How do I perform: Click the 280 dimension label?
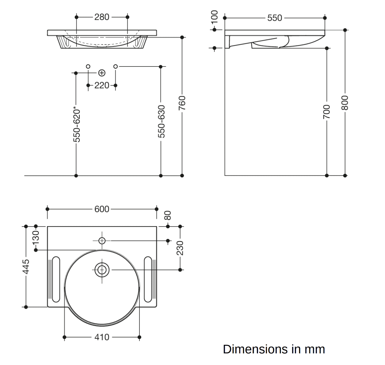click(x=102, y=17)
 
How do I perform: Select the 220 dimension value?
click(x=102, y=85)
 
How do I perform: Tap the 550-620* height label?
click(x=77, y=124)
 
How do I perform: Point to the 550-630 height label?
click(x=161, y=121)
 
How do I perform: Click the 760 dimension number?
click(x=182, y=101)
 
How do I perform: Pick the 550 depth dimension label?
click(x=275, y=18)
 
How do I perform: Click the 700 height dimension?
click(x=327, y=112)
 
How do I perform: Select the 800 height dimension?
click(x=345, y=103)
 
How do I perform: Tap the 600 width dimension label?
click(x=102, y=209)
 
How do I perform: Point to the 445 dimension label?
click(x=26, y=266)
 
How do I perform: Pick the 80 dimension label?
click(x=168, y=215)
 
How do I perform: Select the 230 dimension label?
click(x=180, y=248)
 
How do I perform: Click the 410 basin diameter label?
click(x=102, y=337)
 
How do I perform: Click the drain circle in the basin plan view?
click(x=102, y=270)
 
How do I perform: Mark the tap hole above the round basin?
click(x=102, y=241)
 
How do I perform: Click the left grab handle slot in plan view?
click(x=56, y=279)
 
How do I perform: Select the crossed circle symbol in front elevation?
click(x=102, y=73)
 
